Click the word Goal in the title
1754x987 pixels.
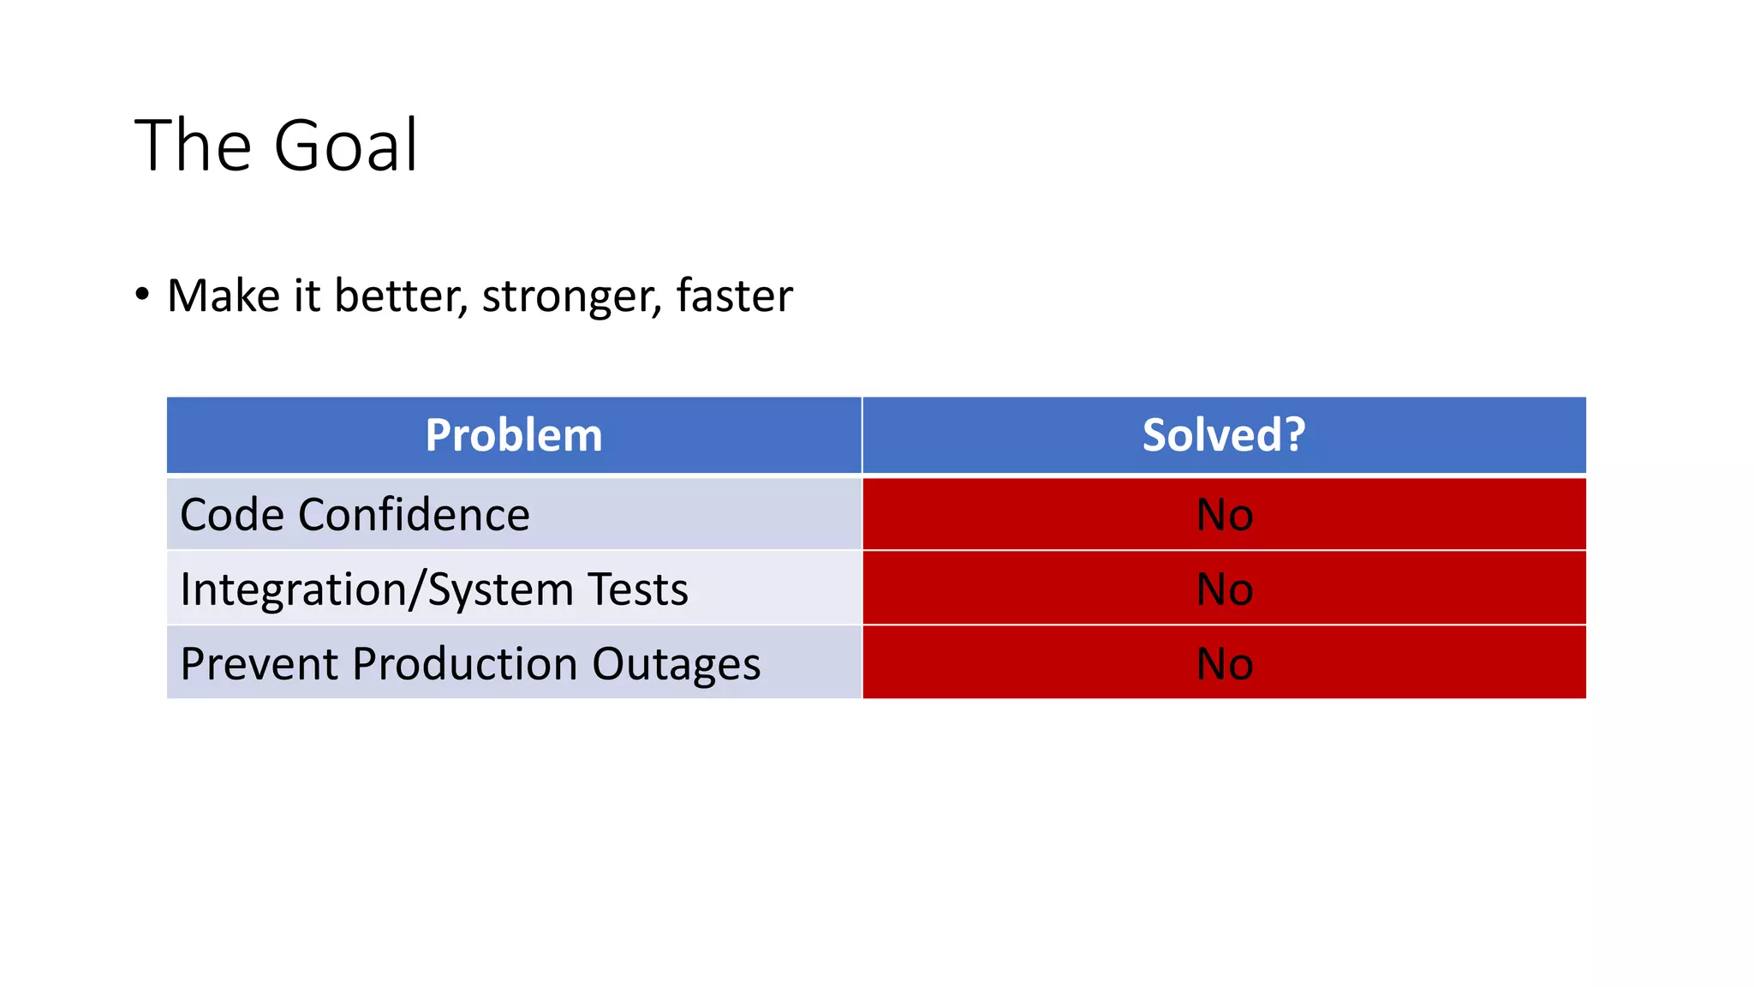click(x=346, y=146)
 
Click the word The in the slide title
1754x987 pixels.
click(x=193, y=146)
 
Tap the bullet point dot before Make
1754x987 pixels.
click(x=142, y=295)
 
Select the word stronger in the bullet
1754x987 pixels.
click(x=571, y=296)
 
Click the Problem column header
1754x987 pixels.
click(x=514, y=435)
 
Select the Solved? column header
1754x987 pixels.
click(x=1223, y=435)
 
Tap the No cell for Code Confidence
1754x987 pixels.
click(x=1224, y=515)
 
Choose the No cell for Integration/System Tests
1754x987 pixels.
click(x=1224, y=589)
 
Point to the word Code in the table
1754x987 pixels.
click(x=232, y=515)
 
